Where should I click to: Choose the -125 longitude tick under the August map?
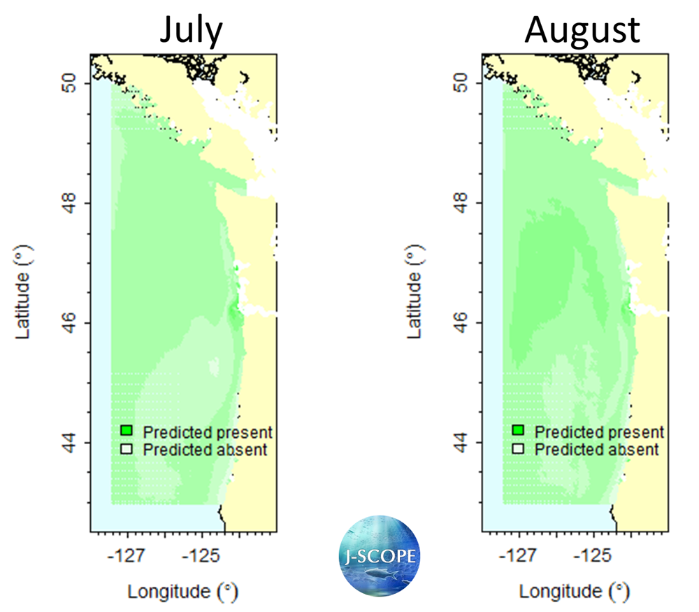coord(594,557)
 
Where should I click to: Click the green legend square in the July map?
coord(127,431)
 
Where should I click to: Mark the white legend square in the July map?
coord(127,449)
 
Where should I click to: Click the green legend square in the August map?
coord(519,431)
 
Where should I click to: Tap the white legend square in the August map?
coord(519,449)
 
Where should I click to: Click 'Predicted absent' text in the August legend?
coord(597,450)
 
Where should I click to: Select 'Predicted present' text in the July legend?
coord(208,432)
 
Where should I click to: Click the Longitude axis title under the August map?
coord(573,592)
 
